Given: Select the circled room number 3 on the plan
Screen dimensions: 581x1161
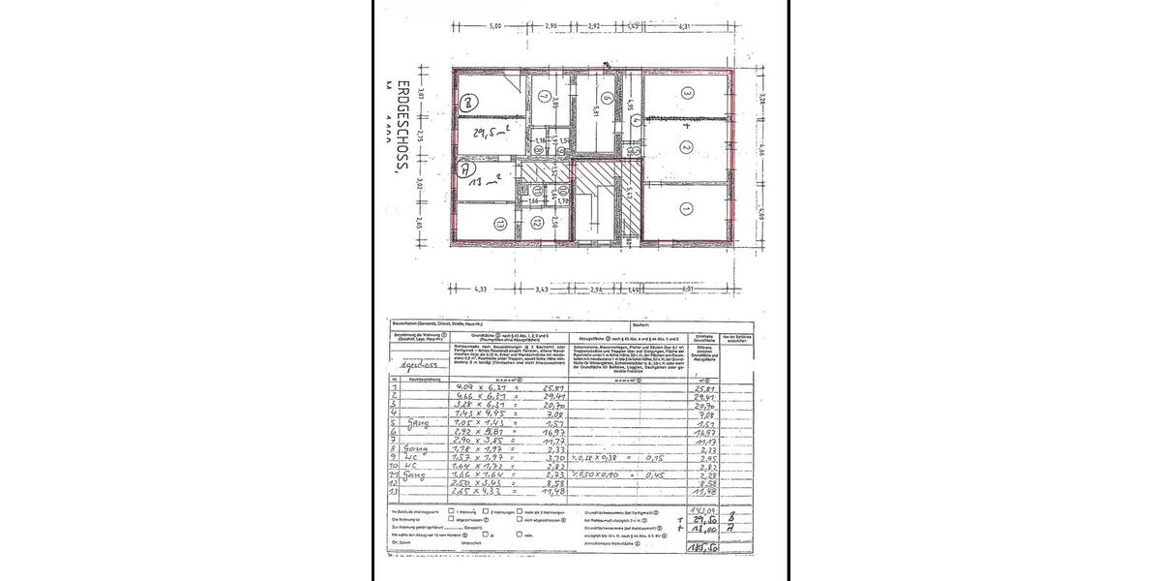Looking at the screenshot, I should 687,94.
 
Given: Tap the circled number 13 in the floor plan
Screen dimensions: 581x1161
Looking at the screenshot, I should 499,225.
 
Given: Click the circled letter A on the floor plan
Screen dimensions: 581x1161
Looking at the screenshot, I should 465,167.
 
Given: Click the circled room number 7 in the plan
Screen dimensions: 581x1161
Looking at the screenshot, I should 545,97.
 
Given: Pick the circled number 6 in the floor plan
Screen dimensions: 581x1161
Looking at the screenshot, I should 606,98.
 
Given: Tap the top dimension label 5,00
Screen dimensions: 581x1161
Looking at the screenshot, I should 495,25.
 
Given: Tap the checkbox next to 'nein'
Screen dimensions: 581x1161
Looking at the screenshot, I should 520,534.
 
